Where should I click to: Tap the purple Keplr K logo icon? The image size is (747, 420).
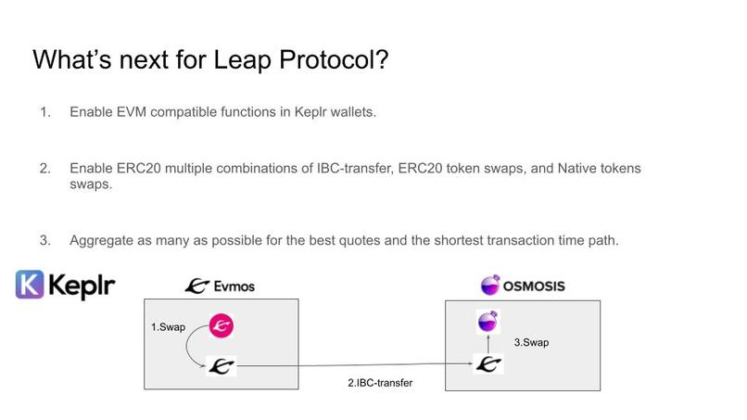tap(32, 285)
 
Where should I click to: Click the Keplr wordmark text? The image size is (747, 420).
tap(83, 285)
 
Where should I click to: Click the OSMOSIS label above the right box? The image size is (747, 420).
tap(531, 286)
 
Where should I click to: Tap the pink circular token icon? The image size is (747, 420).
tap(221, 325)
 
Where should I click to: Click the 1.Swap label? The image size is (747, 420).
tap(169, 327)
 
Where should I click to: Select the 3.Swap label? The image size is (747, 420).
tap(531, 342)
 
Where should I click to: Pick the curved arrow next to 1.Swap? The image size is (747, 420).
tap(189, 351)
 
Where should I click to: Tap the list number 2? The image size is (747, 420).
tap(44, 169)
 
